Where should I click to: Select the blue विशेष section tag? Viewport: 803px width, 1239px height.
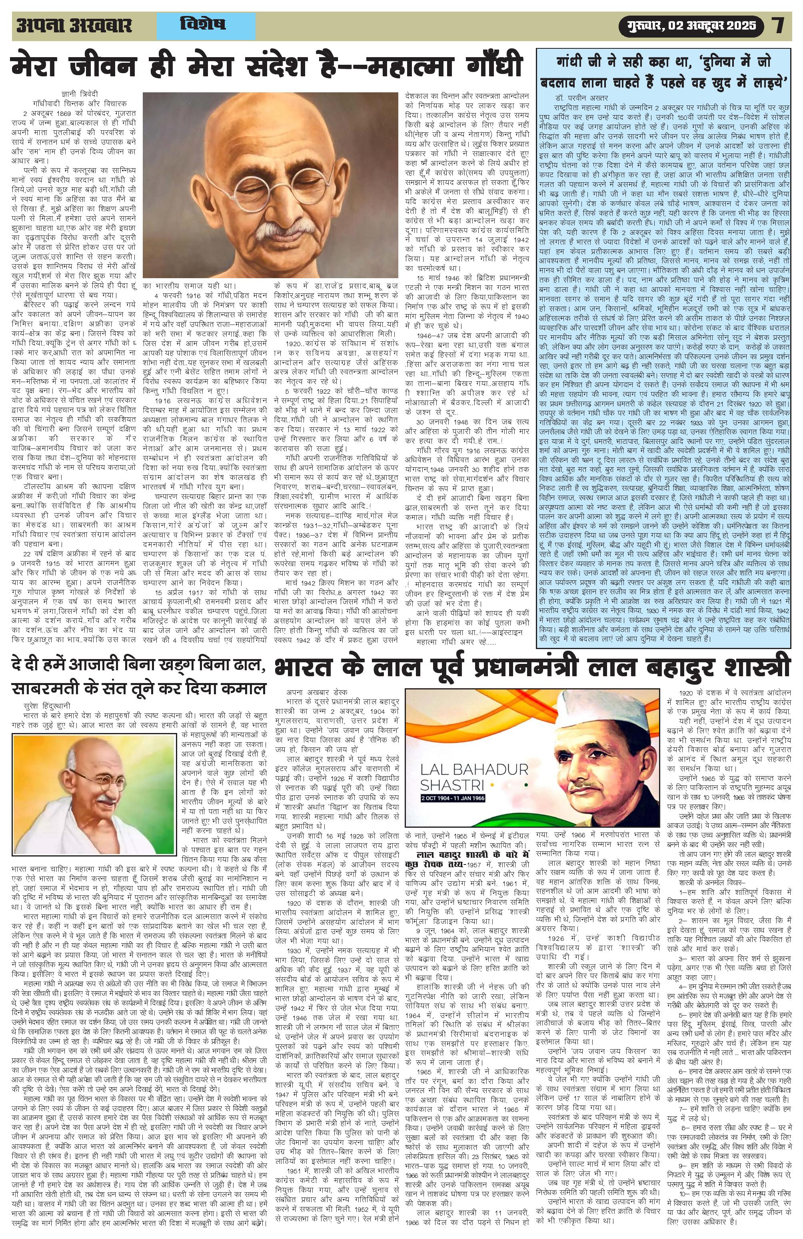tap(203, 24)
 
